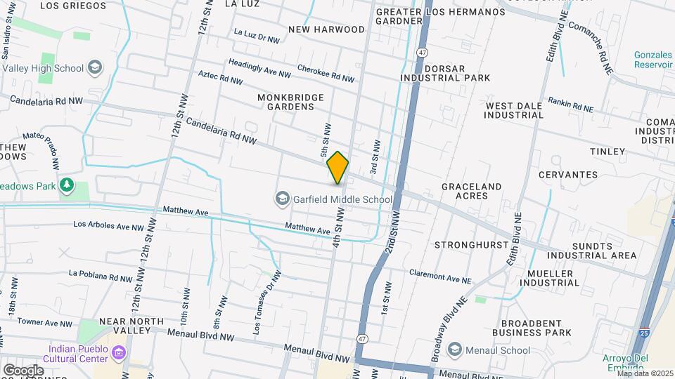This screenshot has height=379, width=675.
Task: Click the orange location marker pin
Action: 337,168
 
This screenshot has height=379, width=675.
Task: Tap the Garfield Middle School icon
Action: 283,199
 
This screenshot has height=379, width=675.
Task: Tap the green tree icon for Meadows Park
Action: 67,185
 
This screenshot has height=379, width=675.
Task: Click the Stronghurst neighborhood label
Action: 470,245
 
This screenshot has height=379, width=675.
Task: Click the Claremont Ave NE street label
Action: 440,277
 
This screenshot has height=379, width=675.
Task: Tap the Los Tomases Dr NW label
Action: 268,301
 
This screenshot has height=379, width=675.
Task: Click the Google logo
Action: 22,370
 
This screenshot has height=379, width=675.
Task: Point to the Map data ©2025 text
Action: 645,373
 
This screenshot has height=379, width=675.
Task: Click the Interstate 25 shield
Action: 645,332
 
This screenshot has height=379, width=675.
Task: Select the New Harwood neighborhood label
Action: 326,29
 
